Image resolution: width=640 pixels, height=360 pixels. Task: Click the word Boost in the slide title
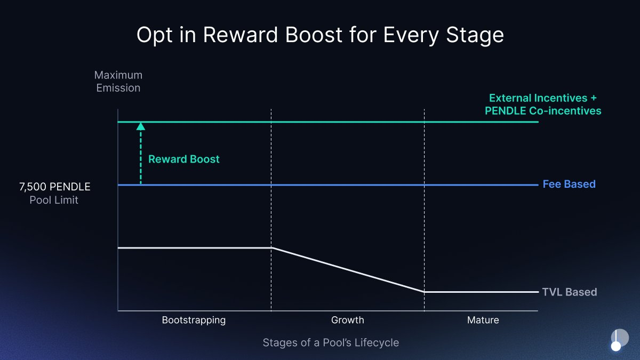point(314,35)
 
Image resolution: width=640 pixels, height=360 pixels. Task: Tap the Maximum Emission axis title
point(118,82)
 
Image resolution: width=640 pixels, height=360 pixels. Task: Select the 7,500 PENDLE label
point(54,187)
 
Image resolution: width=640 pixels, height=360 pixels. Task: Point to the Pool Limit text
point(54,200)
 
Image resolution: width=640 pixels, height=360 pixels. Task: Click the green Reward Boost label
point(183,159)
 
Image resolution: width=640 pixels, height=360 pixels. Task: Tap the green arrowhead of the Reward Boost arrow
point(141,126)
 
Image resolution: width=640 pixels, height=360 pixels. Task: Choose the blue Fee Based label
point(569,184)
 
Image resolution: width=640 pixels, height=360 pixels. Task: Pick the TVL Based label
point(570,292)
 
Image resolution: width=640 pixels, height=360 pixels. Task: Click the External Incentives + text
point(543,98)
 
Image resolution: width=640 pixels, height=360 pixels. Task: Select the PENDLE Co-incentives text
point(543,111)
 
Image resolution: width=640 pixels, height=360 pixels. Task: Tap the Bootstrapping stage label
point(194,320)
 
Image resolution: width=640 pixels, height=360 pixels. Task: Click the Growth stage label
point(347,320)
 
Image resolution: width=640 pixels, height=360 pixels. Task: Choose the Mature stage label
point(483,320)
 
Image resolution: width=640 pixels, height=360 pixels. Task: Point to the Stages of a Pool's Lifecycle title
point(331,342)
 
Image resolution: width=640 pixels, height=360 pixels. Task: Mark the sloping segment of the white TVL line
point(348,270)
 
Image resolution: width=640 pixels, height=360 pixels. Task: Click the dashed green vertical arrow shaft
point(141,157)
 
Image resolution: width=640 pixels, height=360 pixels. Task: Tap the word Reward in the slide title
point(241,35)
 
